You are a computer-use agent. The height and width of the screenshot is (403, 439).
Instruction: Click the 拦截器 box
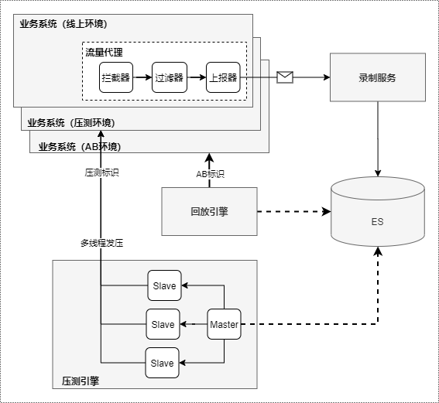point(116,77)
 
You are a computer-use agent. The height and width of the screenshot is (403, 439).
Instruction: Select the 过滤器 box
point(170,77)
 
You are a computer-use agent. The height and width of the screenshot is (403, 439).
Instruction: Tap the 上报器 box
point(223,77)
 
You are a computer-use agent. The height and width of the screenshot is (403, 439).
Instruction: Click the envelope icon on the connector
point(285,77)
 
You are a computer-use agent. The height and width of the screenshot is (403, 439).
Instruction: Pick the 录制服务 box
point(378,77)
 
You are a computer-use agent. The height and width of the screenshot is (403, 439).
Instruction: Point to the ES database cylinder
point(378,211)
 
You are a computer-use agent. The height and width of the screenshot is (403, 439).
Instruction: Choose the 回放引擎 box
point(209,211)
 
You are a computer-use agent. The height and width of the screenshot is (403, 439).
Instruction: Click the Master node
point(224,324)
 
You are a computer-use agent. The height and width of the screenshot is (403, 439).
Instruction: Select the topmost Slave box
point(164,285)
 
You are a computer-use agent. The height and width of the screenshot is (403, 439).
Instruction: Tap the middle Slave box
point(163,324)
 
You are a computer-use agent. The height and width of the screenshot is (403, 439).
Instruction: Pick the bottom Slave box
point(162,363)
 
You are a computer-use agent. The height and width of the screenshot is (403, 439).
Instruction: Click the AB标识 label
point(211,174)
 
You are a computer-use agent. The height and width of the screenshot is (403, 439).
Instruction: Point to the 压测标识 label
point(102,172)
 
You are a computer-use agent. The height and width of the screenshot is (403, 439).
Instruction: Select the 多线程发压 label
point(102,243)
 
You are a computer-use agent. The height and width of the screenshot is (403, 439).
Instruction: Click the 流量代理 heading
point(105,53)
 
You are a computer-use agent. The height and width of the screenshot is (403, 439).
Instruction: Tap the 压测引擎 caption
point(81,381)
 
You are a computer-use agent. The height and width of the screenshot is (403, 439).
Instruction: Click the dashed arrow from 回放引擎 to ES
point(294,211)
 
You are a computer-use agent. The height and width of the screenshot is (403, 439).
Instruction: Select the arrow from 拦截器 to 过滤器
point(142,77)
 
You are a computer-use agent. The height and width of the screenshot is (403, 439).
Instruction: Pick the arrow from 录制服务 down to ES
point(378,139)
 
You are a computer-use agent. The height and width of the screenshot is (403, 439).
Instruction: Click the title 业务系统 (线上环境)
point(63,24)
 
